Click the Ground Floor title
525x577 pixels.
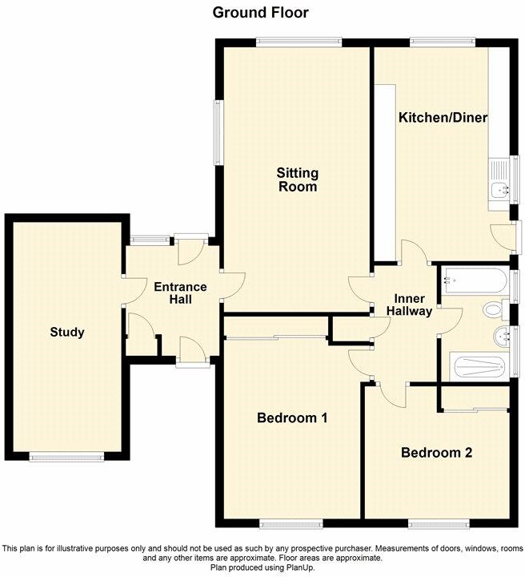[260, 12]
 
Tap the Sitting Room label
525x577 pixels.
[297, 180]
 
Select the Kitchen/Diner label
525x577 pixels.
[443, 118]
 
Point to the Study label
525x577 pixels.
[66, 332]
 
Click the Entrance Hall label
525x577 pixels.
[180, 293]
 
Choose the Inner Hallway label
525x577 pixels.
[410, 304]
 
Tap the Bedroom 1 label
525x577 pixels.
[291, 418]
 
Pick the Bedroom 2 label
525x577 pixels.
[436, 452]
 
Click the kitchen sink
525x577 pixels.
[501, 190]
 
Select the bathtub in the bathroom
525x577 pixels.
[473, 282]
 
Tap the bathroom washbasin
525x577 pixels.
[503, 337]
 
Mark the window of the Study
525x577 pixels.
[66, 457]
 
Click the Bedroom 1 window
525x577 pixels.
[291, 525]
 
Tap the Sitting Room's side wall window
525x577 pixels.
[218, 133]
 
